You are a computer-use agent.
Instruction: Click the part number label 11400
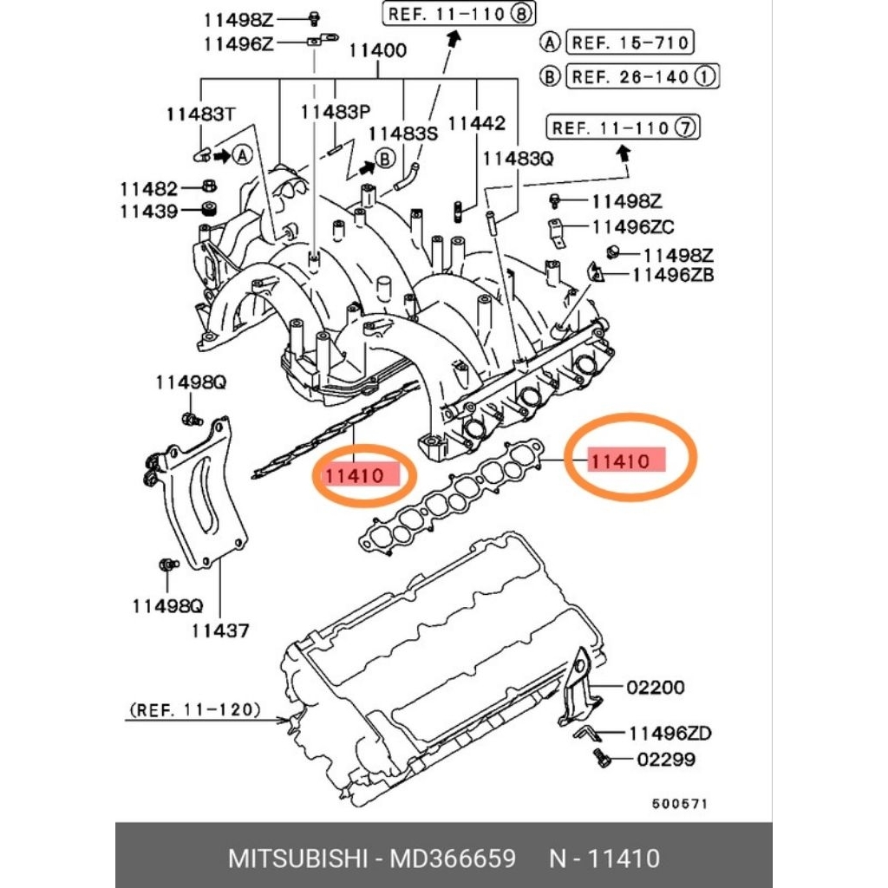377,50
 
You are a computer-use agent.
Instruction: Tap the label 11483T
200,114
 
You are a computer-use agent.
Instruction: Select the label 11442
476,123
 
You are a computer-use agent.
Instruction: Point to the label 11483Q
518,159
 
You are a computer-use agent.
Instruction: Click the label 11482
149,188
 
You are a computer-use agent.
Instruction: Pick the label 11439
149,212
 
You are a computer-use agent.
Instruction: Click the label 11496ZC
632,227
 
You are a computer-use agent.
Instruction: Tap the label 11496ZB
673,275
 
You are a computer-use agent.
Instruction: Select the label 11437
219,630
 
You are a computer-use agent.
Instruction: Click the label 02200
656,688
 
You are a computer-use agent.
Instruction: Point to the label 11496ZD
670,734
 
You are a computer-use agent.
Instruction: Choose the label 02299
666,759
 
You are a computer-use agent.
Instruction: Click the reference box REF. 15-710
630,42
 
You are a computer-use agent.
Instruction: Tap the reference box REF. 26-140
643,76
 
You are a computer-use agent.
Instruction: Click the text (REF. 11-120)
195,709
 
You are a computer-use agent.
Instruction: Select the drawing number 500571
680,804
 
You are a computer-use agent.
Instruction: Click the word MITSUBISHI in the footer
298,859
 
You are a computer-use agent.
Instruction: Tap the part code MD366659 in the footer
453,859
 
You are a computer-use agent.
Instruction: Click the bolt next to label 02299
603,758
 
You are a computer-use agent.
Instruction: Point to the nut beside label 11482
209,186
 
